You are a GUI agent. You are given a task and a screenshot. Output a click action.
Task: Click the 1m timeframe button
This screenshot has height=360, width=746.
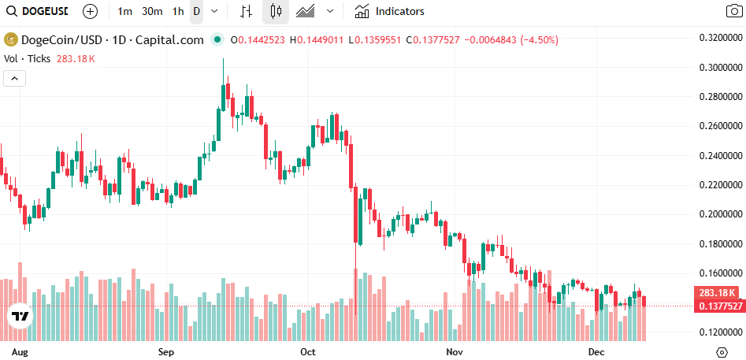coord(124,12)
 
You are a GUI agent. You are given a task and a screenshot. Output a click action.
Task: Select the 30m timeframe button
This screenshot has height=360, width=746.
coord(152,12)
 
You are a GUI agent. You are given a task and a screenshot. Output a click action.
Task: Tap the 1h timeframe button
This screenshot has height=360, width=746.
coord(178,12)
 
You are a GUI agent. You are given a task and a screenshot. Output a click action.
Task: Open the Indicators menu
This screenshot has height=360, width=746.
coord(389,12)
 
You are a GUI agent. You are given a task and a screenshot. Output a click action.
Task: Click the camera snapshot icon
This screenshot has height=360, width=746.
coord(733,12)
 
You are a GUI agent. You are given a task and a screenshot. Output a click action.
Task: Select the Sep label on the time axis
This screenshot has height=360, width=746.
coord(166,351)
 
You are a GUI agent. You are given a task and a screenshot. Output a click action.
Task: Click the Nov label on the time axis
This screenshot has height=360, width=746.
coord(454,351)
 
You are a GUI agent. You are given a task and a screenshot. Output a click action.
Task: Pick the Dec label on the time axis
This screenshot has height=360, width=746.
coord(596,351)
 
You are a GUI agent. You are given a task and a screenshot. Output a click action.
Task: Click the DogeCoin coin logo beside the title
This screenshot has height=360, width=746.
coord(11,40)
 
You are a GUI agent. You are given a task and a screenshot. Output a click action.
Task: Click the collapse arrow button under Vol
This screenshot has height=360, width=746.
coord(15,78)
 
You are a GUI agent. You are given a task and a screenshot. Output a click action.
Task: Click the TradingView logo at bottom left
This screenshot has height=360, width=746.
coord(20,316)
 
